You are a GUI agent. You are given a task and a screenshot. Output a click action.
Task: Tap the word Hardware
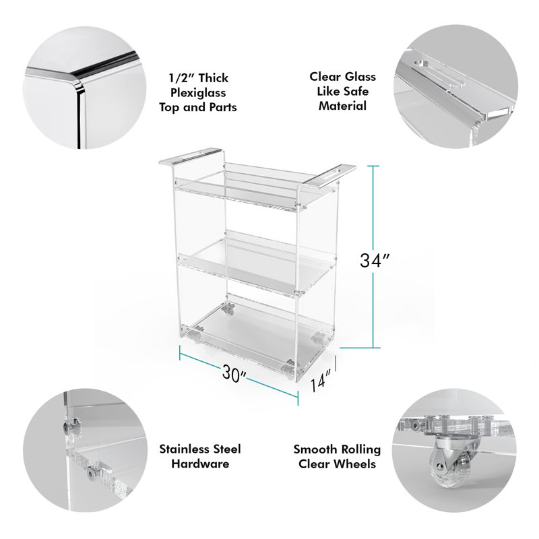coord(200,464)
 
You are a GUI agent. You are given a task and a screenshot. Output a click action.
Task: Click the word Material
coord(343,106)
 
